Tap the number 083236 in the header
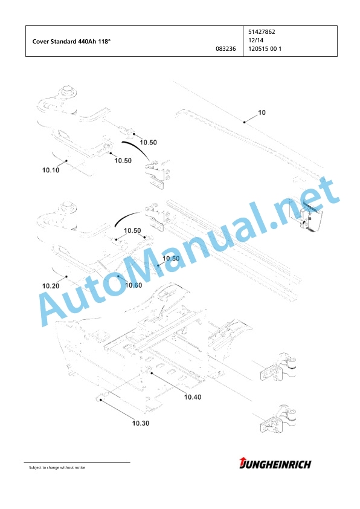click(x=226, y=49)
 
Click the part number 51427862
click(x=262, y=32)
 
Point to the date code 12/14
click(x=256, y=41)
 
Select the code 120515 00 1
click(x=265, y=49)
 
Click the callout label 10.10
click(x=51, y=170)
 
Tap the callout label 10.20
click(x=51, y=286)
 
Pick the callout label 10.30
click(x=141, y=423)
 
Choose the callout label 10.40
click(x=193, y=397)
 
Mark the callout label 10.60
click(x=133, y=285)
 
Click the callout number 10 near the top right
click(x=262, y=112)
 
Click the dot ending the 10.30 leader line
click(x=101, y=400)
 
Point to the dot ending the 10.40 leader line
click(x=152, y=374)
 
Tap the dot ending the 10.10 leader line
click(x=66, y=160)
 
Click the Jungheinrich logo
click(x=275, y=464)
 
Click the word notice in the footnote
click(x=80, y=468)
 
